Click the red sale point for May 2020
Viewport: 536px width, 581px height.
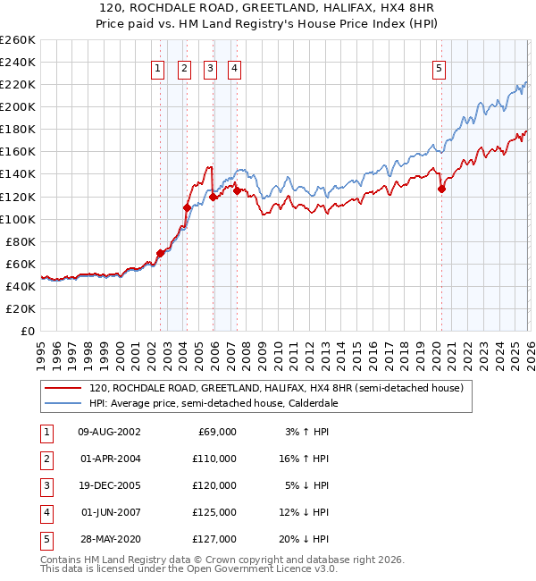(x=441, y=189)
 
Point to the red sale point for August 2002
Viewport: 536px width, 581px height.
(x=160, y=253)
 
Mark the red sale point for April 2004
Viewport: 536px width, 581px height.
(x=187, y=207)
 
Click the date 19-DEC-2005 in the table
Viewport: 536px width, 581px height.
(x=109, y=487)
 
